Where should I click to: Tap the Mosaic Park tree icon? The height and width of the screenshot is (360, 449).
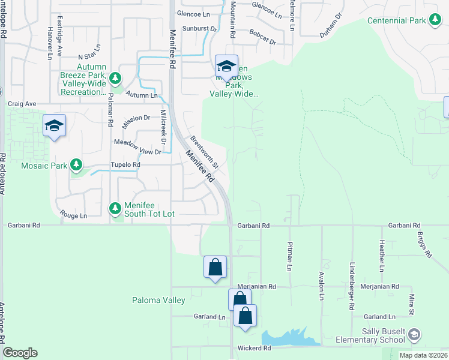76,164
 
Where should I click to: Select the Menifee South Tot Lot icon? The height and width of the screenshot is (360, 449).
115,208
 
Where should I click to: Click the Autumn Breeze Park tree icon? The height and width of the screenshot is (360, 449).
115,78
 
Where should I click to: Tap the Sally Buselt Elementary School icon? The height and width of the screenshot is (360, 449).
414,335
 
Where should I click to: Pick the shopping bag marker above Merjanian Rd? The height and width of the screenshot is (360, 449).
215,267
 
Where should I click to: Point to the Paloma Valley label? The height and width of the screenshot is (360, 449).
158,300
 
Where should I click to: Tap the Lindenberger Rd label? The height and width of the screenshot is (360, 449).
351,286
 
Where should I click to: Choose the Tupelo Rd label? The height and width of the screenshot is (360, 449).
125,164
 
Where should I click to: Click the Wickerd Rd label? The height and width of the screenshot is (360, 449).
259,348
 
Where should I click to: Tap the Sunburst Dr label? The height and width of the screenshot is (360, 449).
201,28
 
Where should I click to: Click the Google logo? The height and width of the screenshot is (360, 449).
20,353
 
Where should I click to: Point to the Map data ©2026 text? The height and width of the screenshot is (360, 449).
423,355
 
